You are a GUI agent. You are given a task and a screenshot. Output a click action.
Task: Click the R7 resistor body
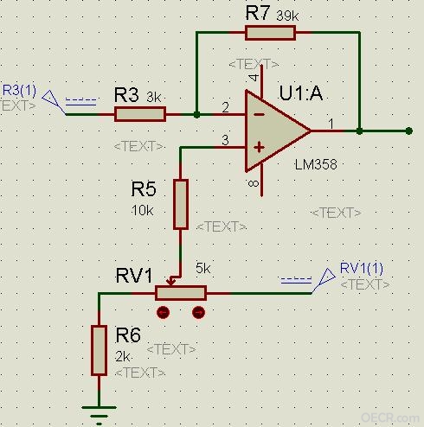click(x=270, y=33)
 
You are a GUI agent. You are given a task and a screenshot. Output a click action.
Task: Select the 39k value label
click(x=287, y=16)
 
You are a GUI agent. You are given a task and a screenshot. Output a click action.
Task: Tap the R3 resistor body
click(x=140, y=114)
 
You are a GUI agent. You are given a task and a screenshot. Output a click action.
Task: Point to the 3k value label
click(x=153, y=97)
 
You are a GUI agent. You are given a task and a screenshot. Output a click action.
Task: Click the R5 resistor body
click(x=181, y=204)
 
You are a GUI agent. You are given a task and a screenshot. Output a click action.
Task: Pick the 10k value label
click(x=143, y=211)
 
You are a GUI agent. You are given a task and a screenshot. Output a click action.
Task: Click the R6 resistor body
click(x=99, y=350)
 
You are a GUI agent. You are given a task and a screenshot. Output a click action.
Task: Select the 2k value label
click(x=123, y=357)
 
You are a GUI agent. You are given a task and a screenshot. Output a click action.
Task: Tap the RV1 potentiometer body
click(x=181, y=293)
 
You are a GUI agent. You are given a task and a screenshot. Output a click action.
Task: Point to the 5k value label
click(x=203, y=268)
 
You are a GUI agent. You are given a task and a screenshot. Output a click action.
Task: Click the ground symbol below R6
click(x=99, y=416)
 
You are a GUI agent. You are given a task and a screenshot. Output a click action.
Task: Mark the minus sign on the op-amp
click(x=260, y=114)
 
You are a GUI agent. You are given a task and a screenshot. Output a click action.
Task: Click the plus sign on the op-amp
click(x=259, y=148)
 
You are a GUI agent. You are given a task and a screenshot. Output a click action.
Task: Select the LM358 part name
click(x=316, y=164)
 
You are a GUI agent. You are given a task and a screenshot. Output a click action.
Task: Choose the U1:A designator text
click(x=301, y=92)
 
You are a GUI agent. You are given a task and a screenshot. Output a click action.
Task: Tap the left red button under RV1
click(x=164, y=312)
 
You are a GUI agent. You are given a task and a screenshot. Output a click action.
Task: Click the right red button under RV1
click(x=198, y=312)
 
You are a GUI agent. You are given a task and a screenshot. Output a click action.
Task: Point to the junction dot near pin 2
click(x=196, y=115)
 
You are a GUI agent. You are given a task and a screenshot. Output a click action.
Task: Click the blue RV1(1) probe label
click(x=362, y=268)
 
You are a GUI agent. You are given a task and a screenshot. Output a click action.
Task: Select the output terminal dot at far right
click(x=408, y=131)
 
